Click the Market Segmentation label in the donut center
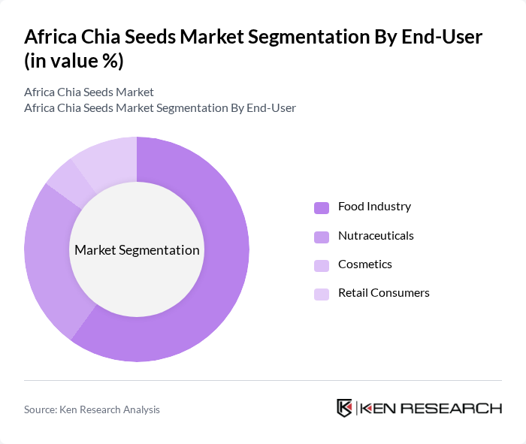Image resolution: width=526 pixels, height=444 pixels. (x=137, y=250)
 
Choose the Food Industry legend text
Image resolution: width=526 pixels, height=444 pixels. (x=374, y=207)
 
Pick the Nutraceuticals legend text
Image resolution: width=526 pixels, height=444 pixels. (x=376, y=236)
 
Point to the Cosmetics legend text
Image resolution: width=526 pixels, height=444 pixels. (x=365, y=264)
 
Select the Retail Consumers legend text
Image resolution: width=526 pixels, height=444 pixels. (x=384, y=293)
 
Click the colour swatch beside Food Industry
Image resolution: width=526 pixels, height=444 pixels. (x=322, y=207)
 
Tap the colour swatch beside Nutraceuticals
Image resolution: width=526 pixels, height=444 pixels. (x=322, y=237)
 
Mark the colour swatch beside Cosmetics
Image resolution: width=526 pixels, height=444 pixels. (x=322, y=265)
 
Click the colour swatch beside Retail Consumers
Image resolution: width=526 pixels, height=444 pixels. (x=322, y=294)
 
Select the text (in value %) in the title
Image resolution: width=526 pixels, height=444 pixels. (x=74, y=60)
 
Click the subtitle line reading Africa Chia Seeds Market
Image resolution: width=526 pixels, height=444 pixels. (x=89, y=92)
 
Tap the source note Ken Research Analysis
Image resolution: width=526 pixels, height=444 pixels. (x=92, y=409)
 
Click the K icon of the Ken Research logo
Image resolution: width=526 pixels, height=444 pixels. (x=345, y=408)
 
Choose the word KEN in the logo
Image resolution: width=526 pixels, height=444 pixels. (x=379, y=409)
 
